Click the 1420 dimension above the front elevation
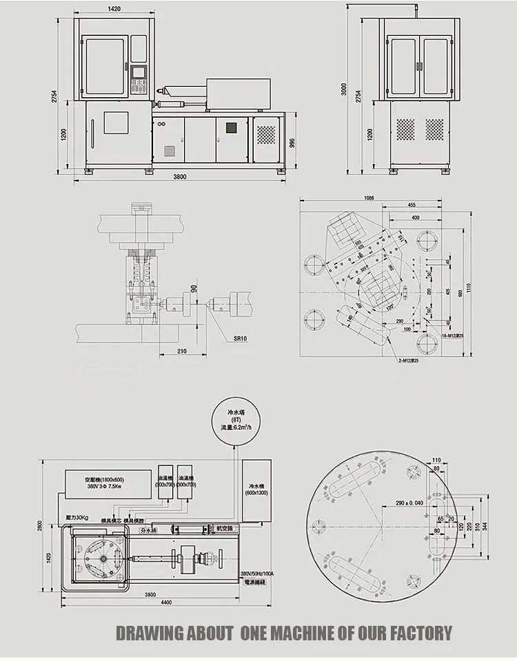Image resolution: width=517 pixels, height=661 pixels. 114,9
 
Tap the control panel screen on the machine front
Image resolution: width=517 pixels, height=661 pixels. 139,71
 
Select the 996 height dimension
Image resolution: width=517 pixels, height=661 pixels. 292,142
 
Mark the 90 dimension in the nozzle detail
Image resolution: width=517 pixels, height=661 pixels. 194,287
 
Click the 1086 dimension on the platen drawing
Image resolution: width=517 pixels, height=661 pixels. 369,198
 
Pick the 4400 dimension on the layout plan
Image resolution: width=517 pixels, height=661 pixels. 164,603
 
